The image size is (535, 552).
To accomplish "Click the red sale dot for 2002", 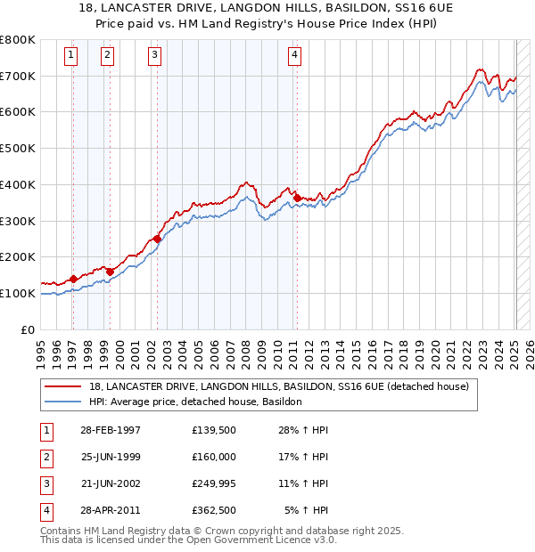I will pyautogui.click(x=157, y=239).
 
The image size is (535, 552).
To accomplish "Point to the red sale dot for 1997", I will pyautogui.click(x=74, y=279).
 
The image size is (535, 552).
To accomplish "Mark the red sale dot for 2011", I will pyautogui.click(x=297, y=198).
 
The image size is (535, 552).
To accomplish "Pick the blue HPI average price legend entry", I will pyautogui.click(x=195, y=402).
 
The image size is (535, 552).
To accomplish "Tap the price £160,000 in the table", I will pyautogui.click(x=214, y=458).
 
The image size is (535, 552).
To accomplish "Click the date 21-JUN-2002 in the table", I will pyautogui.click(x=111, y=483).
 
